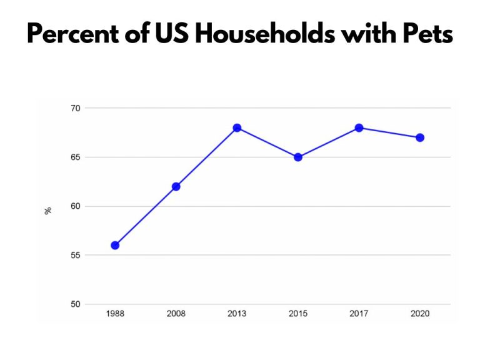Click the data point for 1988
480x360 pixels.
[x=115, y=246]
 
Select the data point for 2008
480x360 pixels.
[x=176, y=186]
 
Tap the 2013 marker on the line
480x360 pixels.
[x=237, y=127]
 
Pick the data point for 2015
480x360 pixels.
[x=298, y=157]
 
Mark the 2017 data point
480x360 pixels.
[x=359, y=127]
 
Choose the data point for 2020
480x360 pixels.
[x=420, y=137]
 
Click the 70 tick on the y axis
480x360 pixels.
[x=75, y=108]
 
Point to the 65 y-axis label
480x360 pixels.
[x=75, y=157]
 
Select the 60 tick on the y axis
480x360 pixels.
[x=75, y=206]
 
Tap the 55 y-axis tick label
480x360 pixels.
[x=75, y=255]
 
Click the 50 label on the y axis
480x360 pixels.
[x=75, y=304]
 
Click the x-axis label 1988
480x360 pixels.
[x=115, y=314]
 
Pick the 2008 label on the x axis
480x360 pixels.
[x=176, y=314]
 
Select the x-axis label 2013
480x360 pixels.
[x=237, y=314]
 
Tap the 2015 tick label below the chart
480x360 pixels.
[x=298, y=314]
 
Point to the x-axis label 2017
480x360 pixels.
[x=359, y=314]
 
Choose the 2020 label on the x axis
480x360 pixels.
[x=420, y=314]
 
